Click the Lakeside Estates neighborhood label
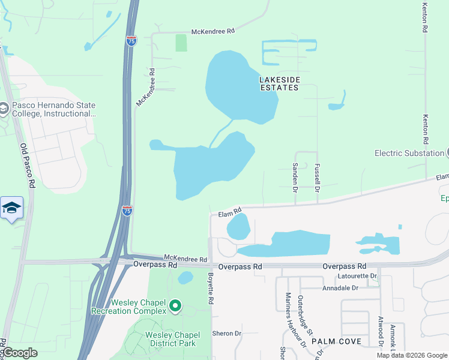[279, 83]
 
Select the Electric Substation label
[409, 153]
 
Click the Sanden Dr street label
[295, 178]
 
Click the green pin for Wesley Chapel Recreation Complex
[175, 307]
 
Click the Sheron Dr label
[226, 334]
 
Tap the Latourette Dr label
[357, 276]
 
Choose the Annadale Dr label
[340, 288]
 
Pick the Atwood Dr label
[381, 331]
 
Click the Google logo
[20, 353]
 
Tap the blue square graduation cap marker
[11, 208]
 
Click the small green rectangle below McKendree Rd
[181, 43]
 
